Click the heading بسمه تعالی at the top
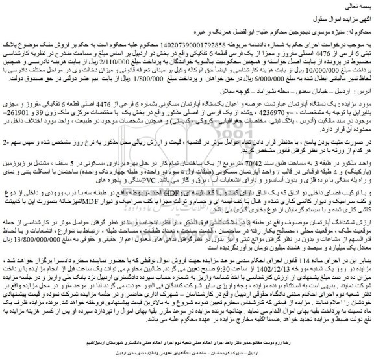point(354,5)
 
